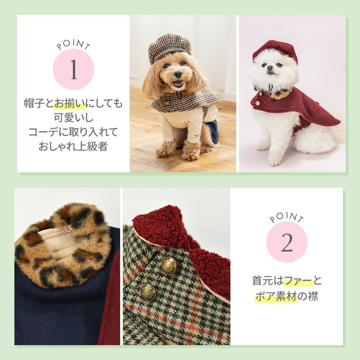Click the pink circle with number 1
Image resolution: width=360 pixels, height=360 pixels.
(73, 69)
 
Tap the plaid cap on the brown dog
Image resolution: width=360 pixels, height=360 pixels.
(169, 47)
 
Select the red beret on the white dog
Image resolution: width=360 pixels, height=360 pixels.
(275, 49)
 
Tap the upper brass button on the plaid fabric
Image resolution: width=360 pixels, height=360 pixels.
(169, 265)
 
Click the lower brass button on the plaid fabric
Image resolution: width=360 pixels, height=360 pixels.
(148, 292)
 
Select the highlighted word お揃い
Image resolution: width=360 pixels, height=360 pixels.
(70, 103)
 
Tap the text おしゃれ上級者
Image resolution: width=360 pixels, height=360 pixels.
(73, 147)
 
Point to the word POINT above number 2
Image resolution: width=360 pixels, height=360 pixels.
(287, 218)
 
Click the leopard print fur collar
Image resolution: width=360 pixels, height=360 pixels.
(63, 245)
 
